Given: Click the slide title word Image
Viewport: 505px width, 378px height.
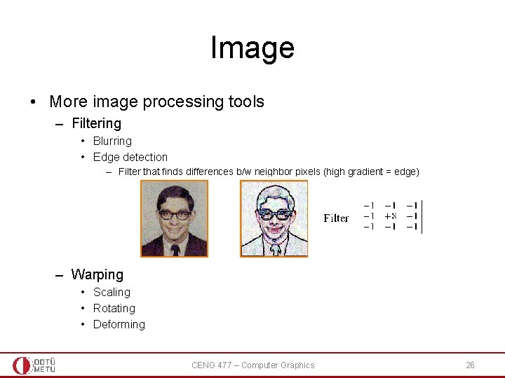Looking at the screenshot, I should (x=252, y=48).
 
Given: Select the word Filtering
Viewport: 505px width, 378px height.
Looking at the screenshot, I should (x=96, y=123).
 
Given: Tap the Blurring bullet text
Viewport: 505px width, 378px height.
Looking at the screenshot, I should (x=112, y=141).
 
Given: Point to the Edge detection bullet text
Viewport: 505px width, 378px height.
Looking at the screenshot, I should (x=130, y=157).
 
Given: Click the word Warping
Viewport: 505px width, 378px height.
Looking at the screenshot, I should (x=97, y=274).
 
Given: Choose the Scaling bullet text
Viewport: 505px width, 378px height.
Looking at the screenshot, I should (x=112, y=292).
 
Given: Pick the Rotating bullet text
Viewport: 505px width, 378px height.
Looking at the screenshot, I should (x=114, y=308).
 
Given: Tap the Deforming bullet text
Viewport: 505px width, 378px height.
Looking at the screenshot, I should (x=119, y=324).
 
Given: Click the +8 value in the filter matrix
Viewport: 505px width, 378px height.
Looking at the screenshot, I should (x=391, y=216).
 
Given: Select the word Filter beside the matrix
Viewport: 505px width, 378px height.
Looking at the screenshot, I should (x=336, y=218).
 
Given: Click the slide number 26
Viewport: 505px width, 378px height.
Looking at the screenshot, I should (x=470, y=365).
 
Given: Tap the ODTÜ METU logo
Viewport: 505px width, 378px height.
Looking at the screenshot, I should (x=34, y=365).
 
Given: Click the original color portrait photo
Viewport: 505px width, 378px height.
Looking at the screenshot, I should (x=174, y=218).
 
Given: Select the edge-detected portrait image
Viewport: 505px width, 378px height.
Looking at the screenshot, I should (x=274, y=218).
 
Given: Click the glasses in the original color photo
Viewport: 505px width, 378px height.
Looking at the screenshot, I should (x=174, y=214).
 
